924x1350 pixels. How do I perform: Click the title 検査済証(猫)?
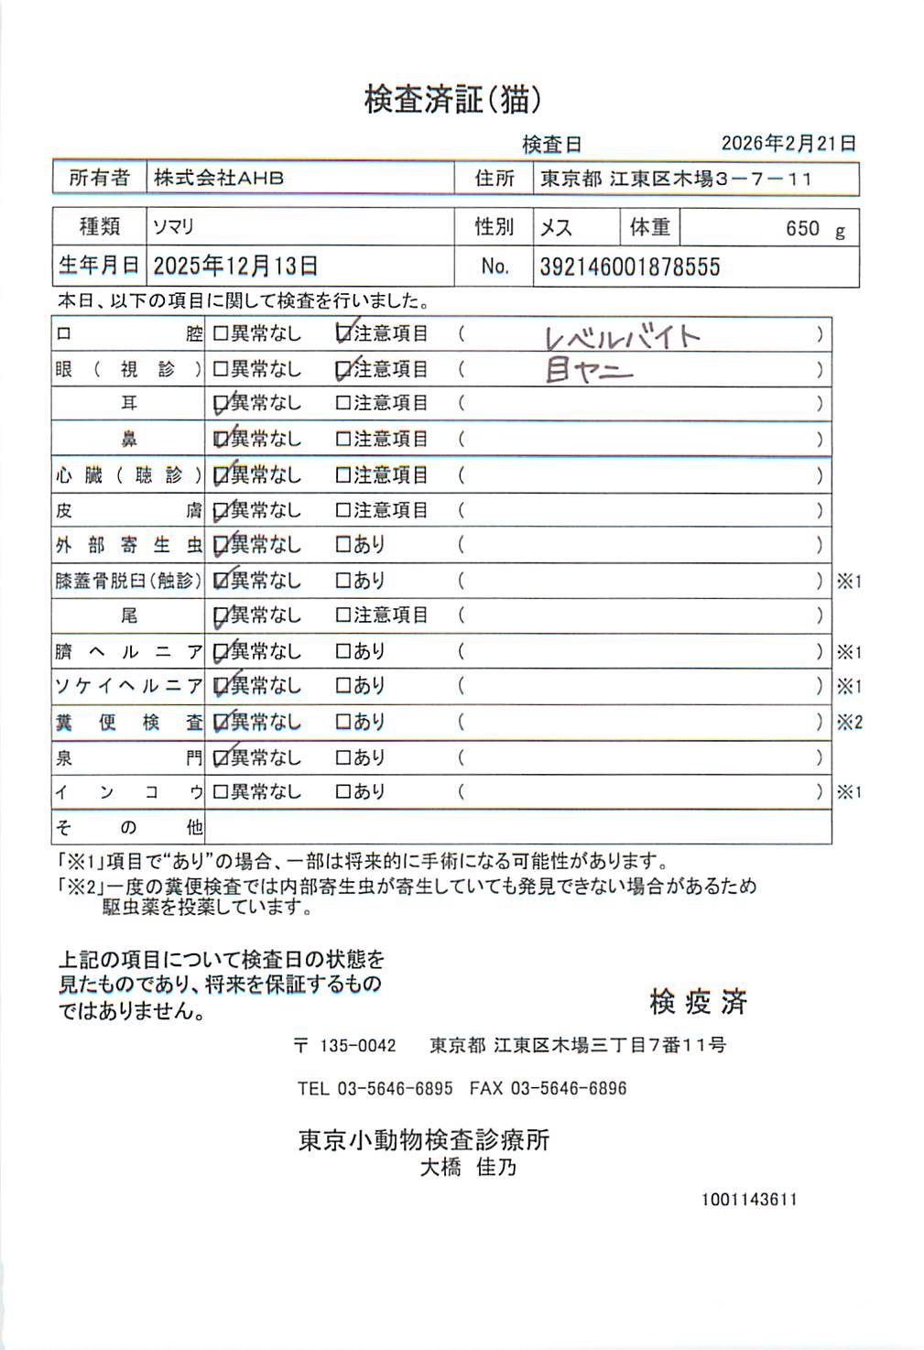pos(452,99)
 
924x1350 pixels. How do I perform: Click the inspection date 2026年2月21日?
pos(788,143)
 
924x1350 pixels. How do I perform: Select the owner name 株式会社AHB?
pos(219,178)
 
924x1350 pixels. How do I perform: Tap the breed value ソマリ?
pos(173,226)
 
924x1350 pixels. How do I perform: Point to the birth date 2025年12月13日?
pos(235,266)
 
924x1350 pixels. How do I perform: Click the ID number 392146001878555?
pos(630,267)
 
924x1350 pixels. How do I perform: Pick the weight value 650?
pos(802,228)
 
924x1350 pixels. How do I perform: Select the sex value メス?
pos(556,227)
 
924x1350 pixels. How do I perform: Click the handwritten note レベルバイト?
pos(623,337)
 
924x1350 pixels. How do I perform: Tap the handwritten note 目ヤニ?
pos(589,370)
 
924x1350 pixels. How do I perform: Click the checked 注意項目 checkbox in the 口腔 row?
pos(344,333)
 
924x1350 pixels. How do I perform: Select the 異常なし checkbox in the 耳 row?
pos(221,403)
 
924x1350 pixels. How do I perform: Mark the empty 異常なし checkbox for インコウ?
pos(221,791)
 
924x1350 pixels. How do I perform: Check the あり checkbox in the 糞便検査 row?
pos(343,722)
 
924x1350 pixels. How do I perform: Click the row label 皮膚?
pos(128,510)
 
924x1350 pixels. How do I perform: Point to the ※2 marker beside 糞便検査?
pos(849,722)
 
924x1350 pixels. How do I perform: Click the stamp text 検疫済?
pos(698,1002)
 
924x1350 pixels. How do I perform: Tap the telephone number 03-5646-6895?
pos(395,1088)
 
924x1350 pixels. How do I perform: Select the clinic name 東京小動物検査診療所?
pos(424,1139)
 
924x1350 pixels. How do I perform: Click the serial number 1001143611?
pos(749,1199)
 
